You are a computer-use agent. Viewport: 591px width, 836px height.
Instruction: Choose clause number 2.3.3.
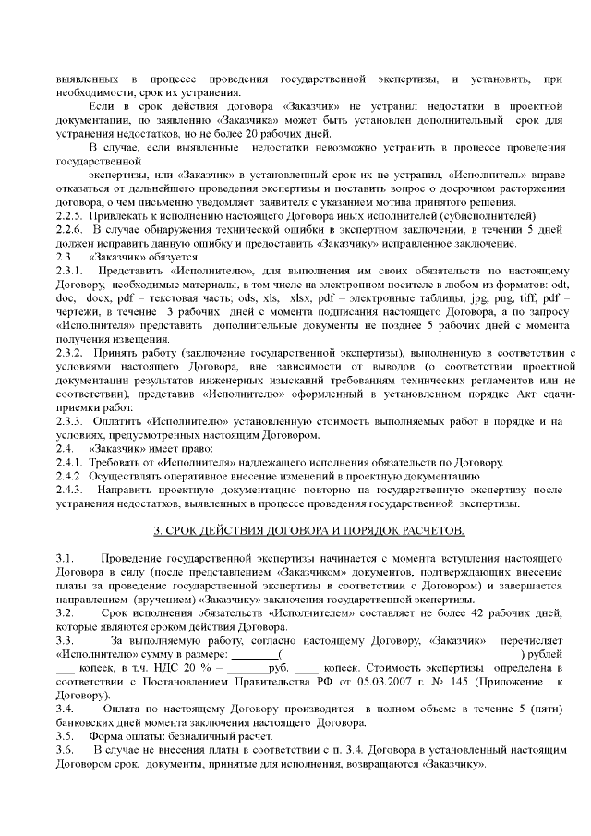click(x=70, y=422)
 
